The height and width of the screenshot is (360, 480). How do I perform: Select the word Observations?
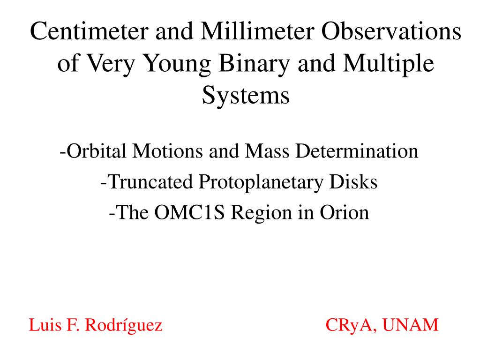pos(391,31)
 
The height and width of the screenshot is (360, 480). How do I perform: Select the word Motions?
pos(167,151)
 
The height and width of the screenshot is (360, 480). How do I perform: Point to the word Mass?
pos(267,151)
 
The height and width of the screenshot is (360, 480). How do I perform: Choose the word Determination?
pos(357,151)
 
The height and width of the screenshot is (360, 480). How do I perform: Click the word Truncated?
pos(150,182)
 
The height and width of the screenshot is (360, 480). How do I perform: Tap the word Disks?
pos(353,182)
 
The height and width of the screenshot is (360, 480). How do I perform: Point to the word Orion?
pos(345,212)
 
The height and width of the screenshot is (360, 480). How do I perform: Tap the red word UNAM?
pos(411,325)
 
